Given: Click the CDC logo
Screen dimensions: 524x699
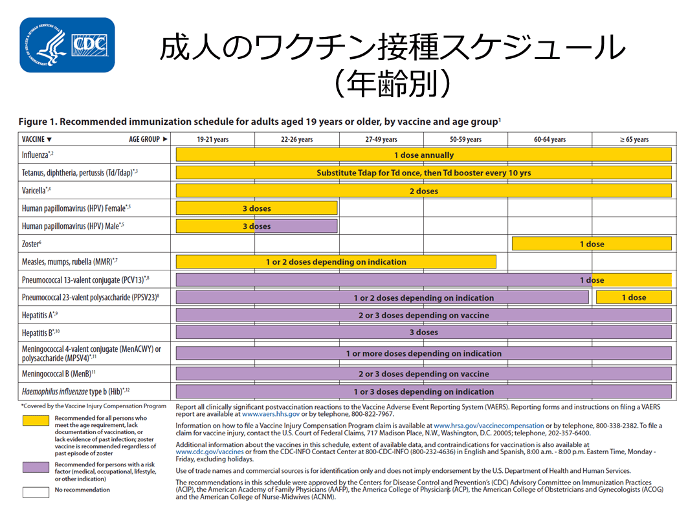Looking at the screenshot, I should click(x=67, y=45).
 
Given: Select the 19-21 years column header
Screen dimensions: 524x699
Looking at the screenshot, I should click(x=212, y=139).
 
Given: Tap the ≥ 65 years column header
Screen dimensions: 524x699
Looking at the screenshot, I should click(x=634, y=139).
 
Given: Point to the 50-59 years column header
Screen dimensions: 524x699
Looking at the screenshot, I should click(x=465, y=139).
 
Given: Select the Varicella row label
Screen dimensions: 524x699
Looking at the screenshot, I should click(x=36, y=191).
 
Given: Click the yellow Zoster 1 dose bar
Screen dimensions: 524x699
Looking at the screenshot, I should click(x=592, y=244).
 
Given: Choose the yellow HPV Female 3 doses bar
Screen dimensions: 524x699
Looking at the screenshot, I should click(x=256, y=208).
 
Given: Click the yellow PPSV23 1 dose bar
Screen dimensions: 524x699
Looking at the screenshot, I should click(x=634, y=298).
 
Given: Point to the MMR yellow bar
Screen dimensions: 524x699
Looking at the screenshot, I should click(x=336, y=262).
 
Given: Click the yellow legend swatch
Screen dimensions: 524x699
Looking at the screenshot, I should click(x=36, y=420).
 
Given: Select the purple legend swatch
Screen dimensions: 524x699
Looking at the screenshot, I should click(x=36, y=466).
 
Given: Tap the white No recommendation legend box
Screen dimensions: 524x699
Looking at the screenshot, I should click(x=36, y=491).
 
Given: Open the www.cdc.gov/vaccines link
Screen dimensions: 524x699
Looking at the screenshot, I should click(x=210, y=452).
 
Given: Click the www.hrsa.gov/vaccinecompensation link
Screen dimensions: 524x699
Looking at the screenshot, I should click(x=490, y=426).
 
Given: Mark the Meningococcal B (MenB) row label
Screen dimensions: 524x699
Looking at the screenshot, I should click(x=59, y=373).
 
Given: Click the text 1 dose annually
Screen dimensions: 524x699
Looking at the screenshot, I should click(x=424, y=155).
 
